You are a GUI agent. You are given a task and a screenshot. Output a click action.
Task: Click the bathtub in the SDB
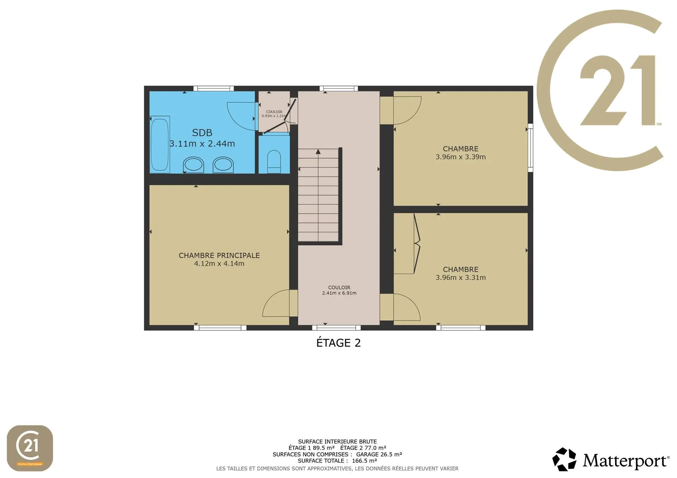[x=160, y=144]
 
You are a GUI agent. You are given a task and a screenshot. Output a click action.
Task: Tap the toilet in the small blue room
[x=274, y=162]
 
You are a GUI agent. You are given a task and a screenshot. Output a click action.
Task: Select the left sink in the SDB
[x=193, y=165]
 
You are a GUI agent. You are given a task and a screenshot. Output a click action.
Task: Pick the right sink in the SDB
[x=223, y=165]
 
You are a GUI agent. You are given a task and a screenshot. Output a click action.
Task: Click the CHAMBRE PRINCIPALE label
[x=219, y=255]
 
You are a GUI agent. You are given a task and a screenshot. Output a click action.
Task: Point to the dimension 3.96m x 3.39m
[x=461, y=157]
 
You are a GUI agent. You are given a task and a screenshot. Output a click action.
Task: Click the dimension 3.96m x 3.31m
[x=461, y=278]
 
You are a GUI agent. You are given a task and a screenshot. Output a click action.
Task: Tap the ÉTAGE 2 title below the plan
[x=338, y=343]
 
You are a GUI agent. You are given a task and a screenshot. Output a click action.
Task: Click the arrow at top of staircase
[x=318, y=152]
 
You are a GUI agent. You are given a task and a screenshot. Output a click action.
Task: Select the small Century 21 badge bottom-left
[x=30, y=448]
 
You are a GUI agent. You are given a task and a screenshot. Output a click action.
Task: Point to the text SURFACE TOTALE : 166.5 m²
[x=337, y=461]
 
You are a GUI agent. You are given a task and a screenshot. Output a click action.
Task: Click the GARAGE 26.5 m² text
[x=379, y=454]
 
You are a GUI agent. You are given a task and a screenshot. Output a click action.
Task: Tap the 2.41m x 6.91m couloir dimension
[x=339, y=293]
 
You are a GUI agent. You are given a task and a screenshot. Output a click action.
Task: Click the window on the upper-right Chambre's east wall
[x=530, y=148]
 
